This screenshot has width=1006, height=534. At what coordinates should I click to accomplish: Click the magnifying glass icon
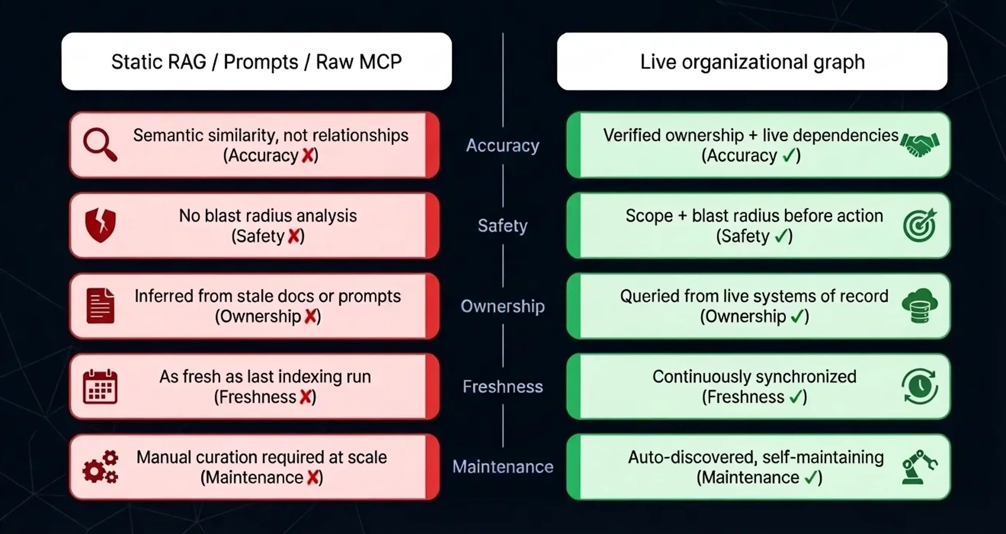coord(100,145)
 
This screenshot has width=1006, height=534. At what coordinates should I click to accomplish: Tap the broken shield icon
coord(100,225)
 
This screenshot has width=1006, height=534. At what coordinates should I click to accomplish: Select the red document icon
coord(100,306)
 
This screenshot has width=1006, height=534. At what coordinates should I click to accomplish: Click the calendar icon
coord(100,386)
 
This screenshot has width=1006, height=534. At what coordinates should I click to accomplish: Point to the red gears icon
coord(100,467)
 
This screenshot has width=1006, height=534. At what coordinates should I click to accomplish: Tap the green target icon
coord(920,225)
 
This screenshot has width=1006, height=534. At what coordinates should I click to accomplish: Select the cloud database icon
coord(920,306)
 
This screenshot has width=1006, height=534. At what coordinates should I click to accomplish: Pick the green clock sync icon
coord(920,386)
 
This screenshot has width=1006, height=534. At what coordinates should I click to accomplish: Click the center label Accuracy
coord(503,145)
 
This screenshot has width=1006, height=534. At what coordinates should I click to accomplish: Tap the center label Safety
coord(503,225)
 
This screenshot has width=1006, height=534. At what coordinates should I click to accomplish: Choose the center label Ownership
coord(503,306)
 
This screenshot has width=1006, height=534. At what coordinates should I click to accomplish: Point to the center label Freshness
coord(503,387)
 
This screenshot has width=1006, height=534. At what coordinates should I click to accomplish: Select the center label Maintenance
coord(503,467)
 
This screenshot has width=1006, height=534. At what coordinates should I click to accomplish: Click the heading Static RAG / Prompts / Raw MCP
coord(256,62)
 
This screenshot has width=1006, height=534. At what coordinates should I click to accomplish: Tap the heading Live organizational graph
coord(752,62)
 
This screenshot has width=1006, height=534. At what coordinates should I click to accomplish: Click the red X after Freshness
coord(306,397)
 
